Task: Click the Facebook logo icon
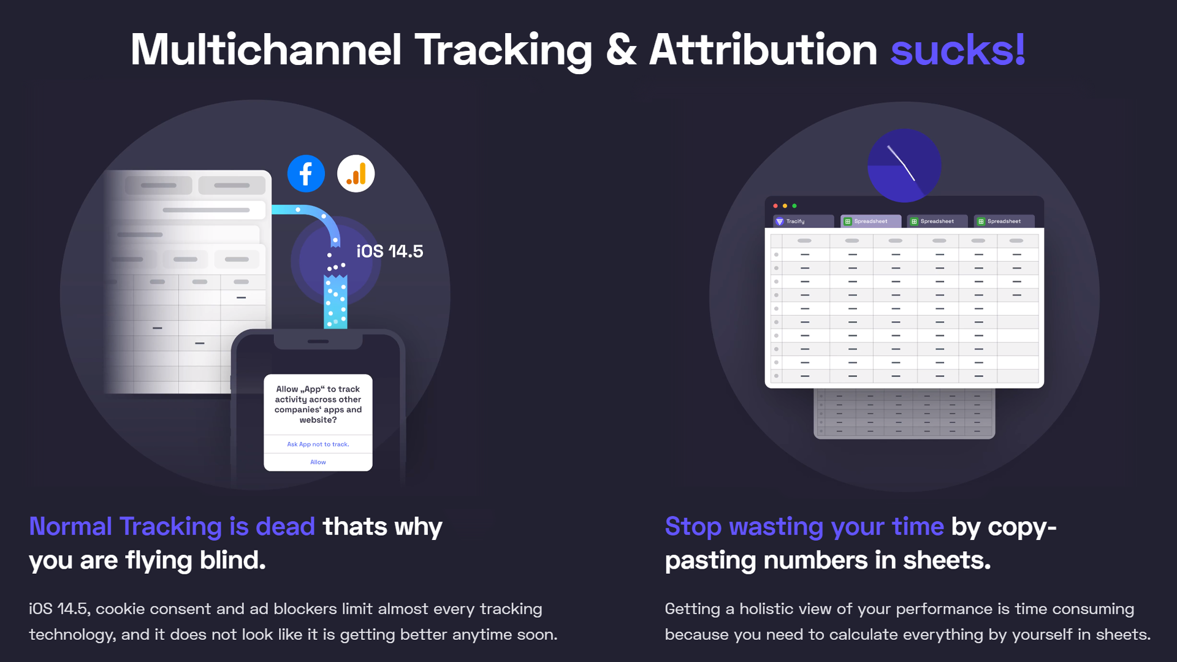306,173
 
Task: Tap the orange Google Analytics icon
356,173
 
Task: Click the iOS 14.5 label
390,251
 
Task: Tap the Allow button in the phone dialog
318,462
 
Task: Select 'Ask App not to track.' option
318,444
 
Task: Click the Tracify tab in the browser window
803,221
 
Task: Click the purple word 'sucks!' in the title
958,50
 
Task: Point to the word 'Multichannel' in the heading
266,50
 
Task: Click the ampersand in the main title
621,50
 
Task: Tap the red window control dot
775,206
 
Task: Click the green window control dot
794,206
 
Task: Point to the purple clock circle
904,165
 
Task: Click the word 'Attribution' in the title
763,50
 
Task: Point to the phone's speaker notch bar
318,341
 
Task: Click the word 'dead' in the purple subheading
285,527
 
